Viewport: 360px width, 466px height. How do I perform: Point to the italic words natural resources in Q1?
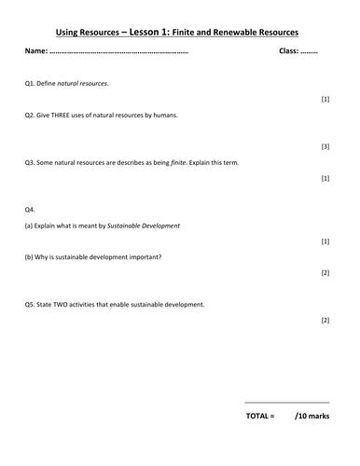87,84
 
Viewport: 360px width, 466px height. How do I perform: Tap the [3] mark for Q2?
325,146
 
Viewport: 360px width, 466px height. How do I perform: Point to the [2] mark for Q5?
325,320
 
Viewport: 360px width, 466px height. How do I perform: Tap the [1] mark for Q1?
325,99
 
